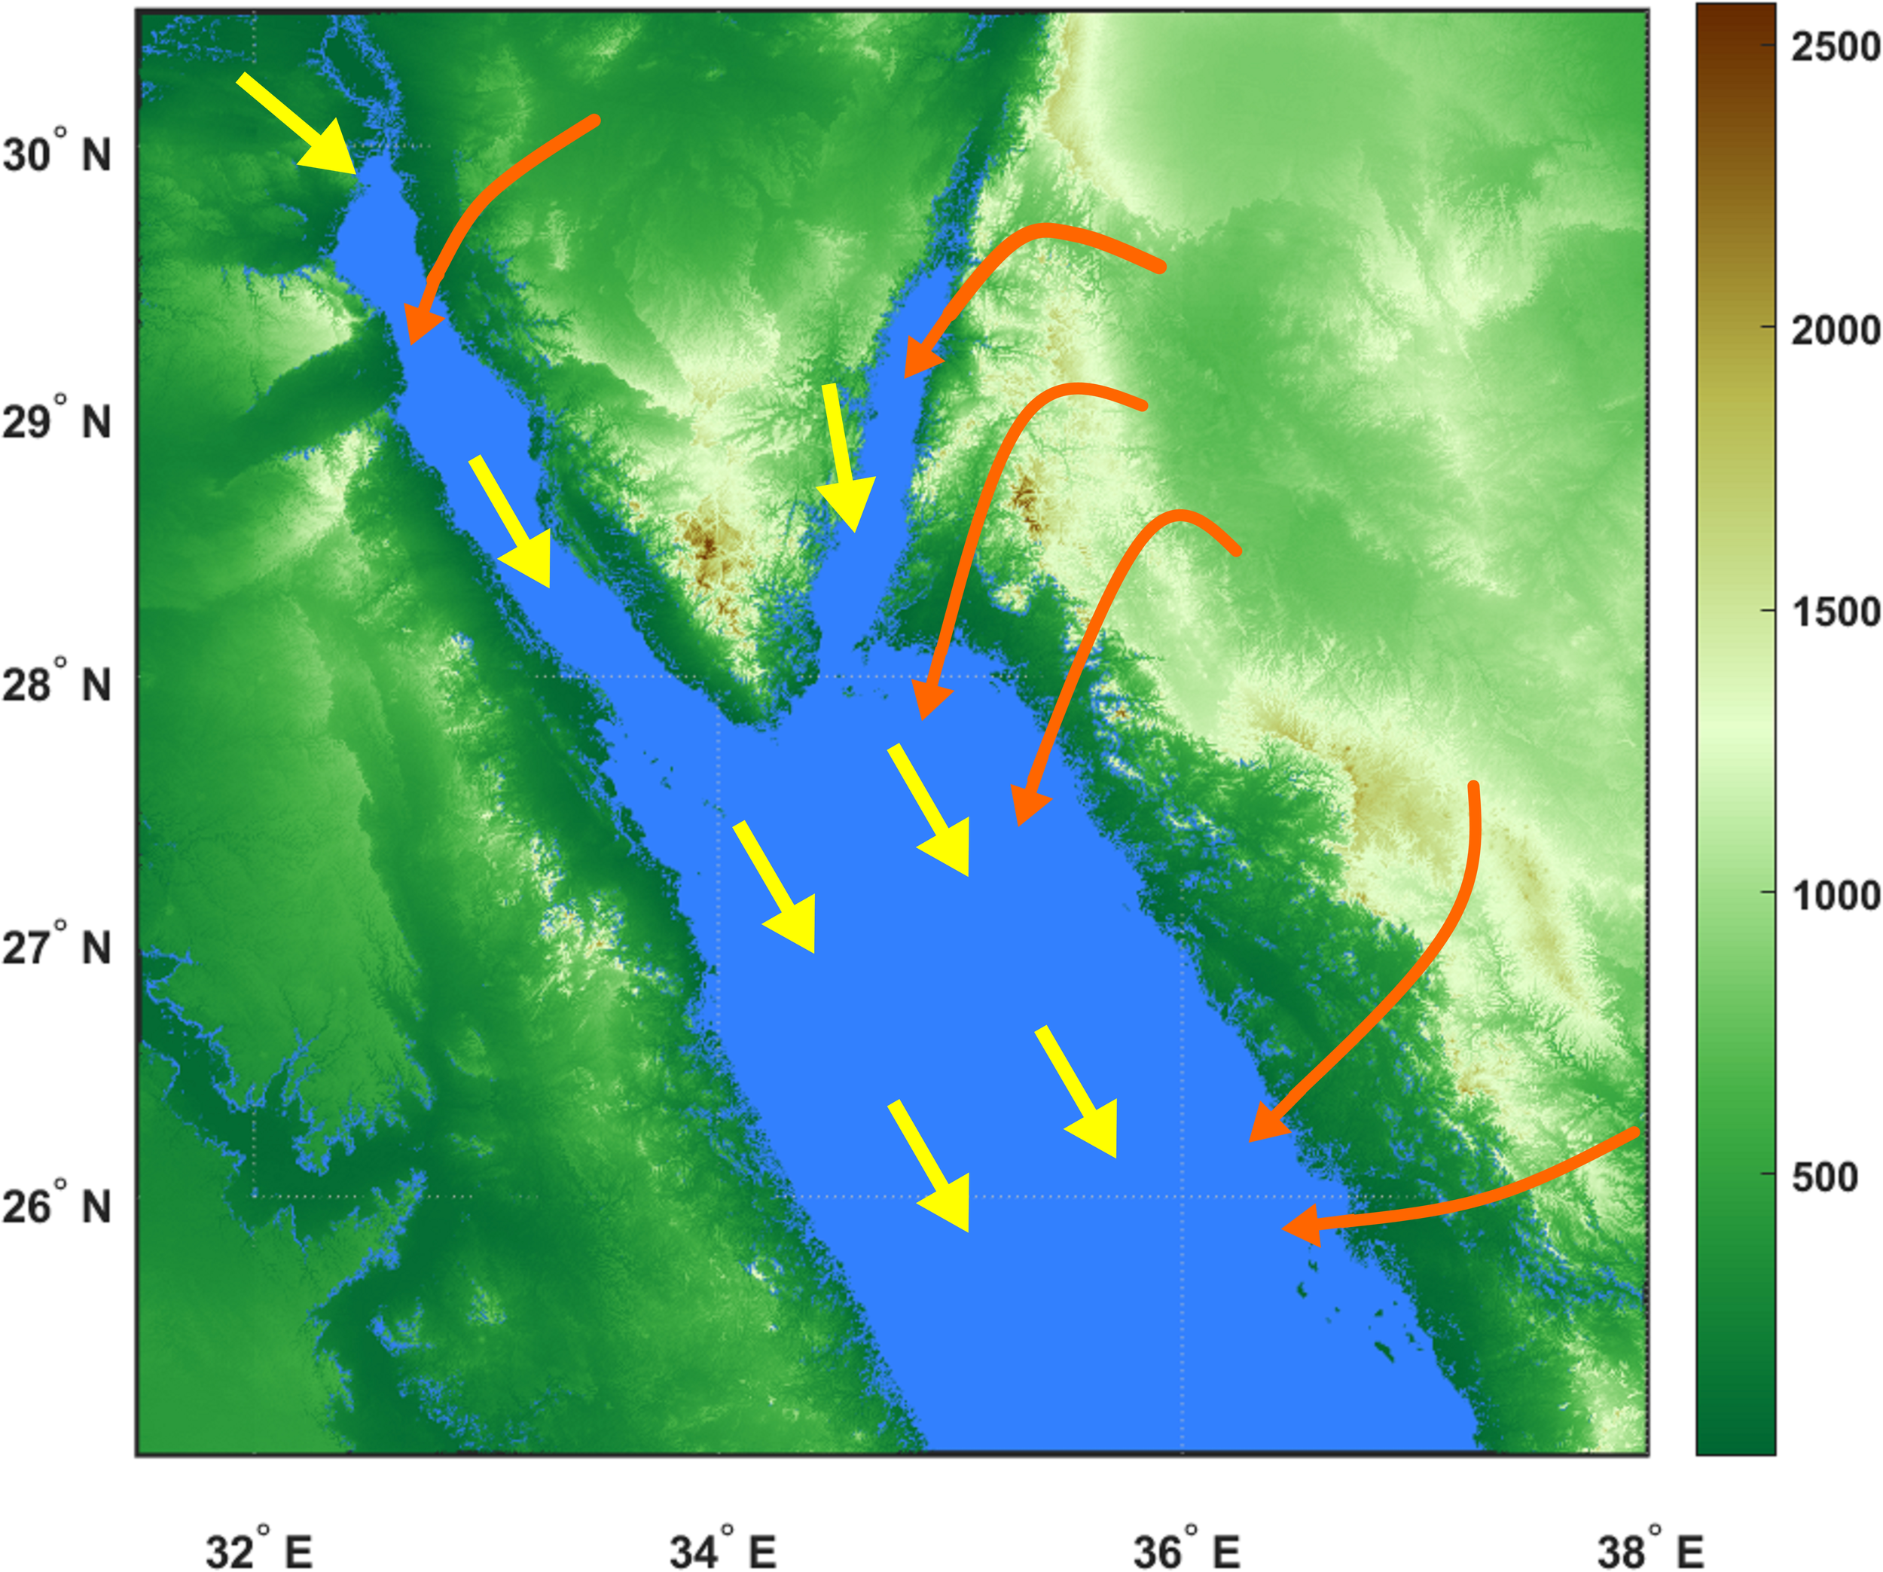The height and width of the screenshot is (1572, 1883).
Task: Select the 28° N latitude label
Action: tap(56, 684)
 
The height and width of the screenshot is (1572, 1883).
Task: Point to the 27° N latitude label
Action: tap(56, 947)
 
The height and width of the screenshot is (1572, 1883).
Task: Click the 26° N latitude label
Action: tap(56, 1206)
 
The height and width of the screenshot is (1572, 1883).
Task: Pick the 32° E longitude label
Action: tap(259, 1526)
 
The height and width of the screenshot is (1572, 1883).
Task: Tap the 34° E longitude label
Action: tap(723, 1526)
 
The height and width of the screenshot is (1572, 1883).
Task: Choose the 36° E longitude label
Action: tap(1186, 1526)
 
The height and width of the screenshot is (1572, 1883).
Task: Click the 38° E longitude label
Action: tap(1650, 1526)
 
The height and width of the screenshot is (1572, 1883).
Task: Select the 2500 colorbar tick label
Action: tap(1835, 47)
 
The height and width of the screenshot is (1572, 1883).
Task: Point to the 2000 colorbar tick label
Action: tap(1835, 331)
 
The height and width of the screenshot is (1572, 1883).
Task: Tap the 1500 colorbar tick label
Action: tap(1835, 612)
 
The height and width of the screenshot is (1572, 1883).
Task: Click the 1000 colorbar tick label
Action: tap(1835, 895)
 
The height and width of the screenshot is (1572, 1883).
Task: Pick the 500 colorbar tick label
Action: tap(1826, 1177)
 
